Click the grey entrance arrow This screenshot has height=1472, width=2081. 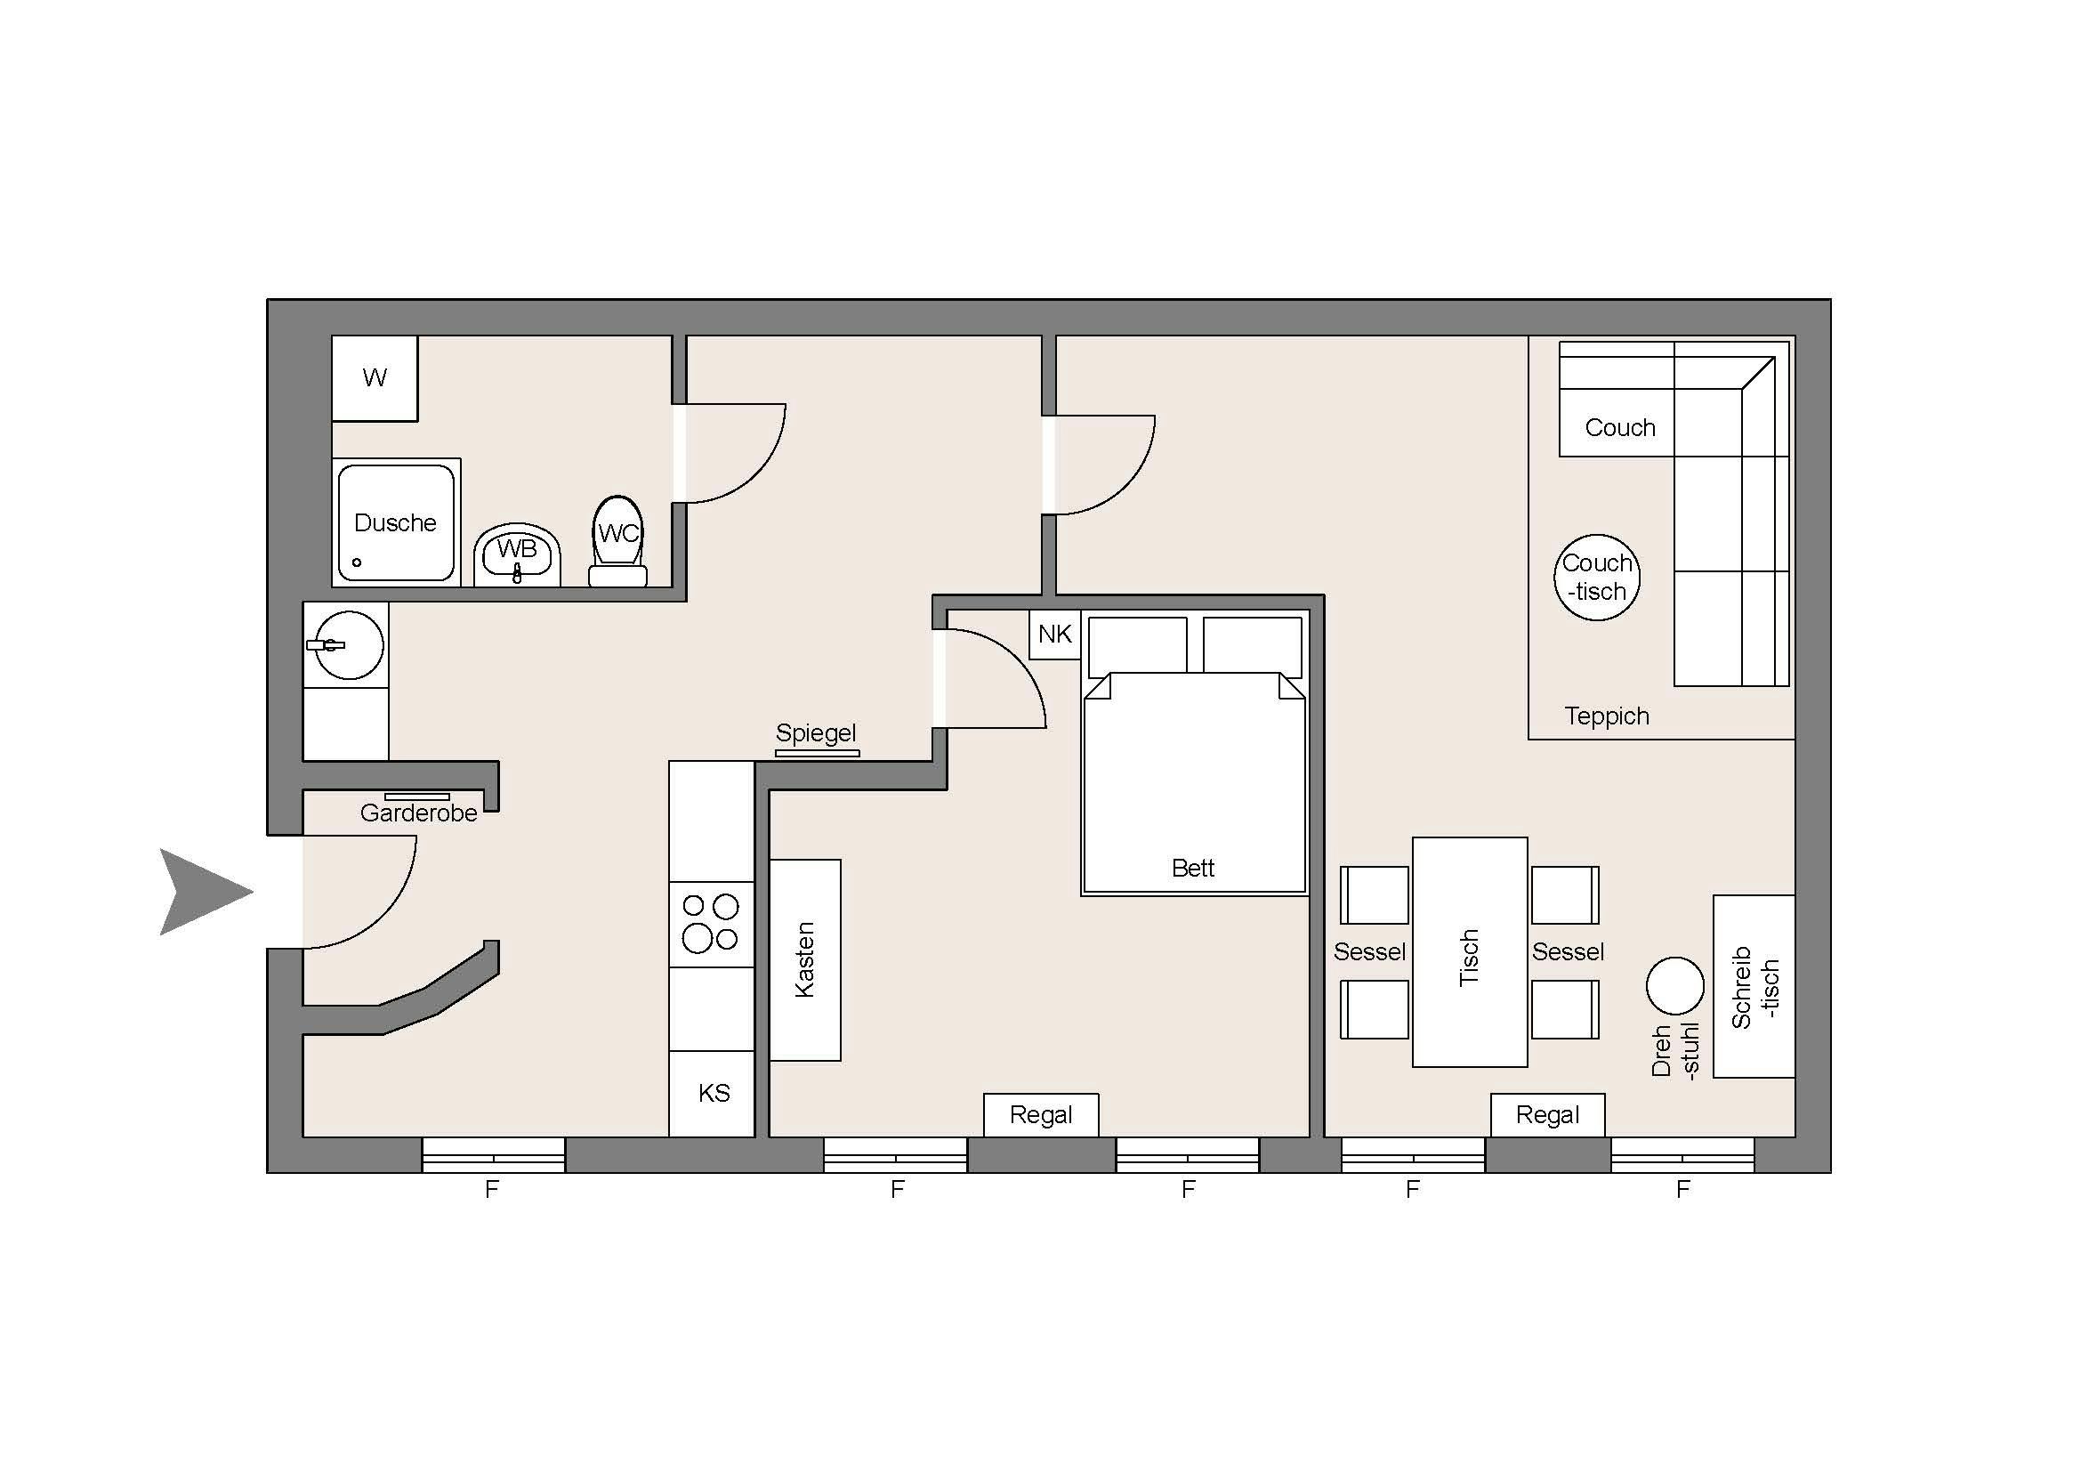pyautogui.click(x=201, y=892)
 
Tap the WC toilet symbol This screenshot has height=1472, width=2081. pyautogui.click(x=618, y=541)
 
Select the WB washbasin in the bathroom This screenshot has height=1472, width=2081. pyautogui.click(x=517, y=554)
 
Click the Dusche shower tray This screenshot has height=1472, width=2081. pyautogui.click(x=396, y=522)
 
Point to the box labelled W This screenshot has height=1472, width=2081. pyautogui.click(x=375, y=378)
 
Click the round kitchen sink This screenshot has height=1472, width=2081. pyautogui.click(x=349, y=645)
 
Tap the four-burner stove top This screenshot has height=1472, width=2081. pyautogui.click(x=712, y=924)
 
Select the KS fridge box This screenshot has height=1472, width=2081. pyautogui.click(x=712, y=1093)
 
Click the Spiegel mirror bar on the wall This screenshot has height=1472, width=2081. pyautogui.click(x=817, y=753)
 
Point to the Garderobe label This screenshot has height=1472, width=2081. pyautogui.click(x=419, y=813)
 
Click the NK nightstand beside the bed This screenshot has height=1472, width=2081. pyautogui.click(x=1055, y=634)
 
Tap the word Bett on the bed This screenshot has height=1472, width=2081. pyautogui.click(x=1193, y=869)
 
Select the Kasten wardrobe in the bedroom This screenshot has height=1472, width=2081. pyautogui.click(x=805, y=960)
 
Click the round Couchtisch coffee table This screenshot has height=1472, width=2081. pyautogui.click(x=1597, y=578)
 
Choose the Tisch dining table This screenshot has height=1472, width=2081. pyautogui.click(x=1469, y=951)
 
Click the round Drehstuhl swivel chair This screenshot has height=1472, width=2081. pyautogui.click(x=1675, y=986)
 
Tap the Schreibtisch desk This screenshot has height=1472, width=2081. pyautogui.click(x=1754, y=986)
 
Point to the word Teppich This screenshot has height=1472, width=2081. pyautogui.click(x=1606, y=716)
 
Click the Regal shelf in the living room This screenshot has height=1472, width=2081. pyautogui.click(x=1547, y=1115)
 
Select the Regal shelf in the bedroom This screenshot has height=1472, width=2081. pyautogui.click(x=1041, y=1115)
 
